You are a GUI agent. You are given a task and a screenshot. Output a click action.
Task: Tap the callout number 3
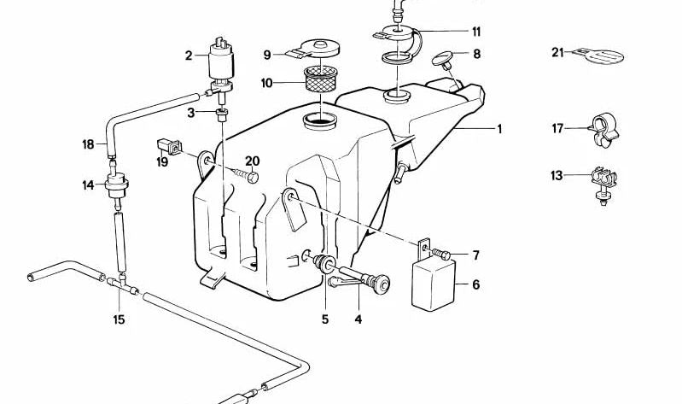192,112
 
